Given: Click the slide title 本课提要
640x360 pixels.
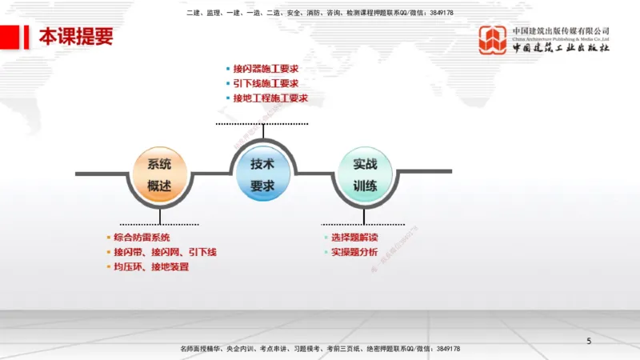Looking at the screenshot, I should [x=76, y=36].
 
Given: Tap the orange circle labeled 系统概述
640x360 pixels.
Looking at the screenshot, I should [x=159, y=174].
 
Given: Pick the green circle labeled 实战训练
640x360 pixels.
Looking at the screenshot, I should [x=365, y=174].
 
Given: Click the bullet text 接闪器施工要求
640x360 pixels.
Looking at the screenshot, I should [x=266, y=68].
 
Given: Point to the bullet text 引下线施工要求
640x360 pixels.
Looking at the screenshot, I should [x=266, y=83].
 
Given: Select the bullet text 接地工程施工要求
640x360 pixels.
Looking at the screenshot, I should [x=270, y=98].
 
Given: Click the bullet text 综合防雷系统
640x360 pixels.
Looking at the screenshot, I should [x=142, y=238].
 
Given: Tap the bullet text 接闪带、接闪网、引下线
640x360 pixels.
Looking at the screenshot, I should [x=165, y=252].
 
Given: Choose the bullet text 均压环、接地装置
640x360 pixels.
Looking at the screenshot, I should [x=151, y=266].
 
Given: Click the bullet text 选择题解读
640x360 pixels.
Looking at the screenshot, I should [x=354, y=238].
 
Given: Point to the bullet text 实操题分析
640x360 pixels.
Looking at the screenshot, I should [x=354, y=252].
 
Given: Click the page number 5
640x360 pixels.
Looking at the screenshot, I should [x=589, y=342].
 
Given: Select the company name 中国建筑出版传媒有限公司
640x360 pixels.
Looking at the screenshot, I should [x=561, y=30].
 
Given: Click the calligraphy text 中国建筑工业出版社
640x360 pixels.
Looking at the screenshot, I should [x=561, y=48].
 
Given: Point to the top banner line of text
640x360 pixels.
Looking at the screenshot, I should [x=320, y=13].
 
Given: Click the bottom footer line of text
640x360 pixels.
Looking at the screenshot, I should [x=320, y=349].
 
